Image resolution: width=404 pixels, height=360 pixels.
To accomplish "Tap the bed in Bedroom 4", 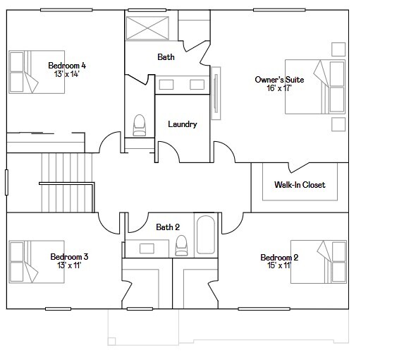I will (24, 71).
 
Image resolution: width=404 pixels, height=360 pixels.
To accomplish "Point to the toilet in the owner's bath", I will (139, 124).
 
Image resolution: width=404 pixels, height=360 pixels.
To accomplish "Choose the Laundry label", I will (182, 124).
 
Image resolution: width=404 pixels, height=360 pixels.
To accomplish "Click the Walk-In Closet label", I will (300, 185).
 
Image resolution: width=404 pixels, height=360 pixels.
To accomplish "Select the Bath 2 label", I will (168, 227).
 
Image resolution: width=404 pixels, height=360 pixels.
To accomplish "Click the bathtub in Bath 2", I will (205, 235).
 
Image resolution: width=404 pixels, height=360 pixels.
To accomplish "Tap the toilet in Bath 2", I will (181, 245).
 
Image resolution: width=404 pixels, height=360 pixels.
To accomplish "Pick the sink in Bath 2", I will (147, 248).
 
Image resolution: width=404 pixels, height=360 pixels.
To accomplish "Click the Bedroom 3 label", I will (69, 257).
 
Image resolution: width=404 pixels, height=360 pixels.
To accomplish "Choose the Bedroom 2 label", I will (279, 258).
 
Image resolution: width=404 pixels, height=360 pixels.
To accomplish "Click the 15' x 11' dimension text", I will (279, 266).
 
